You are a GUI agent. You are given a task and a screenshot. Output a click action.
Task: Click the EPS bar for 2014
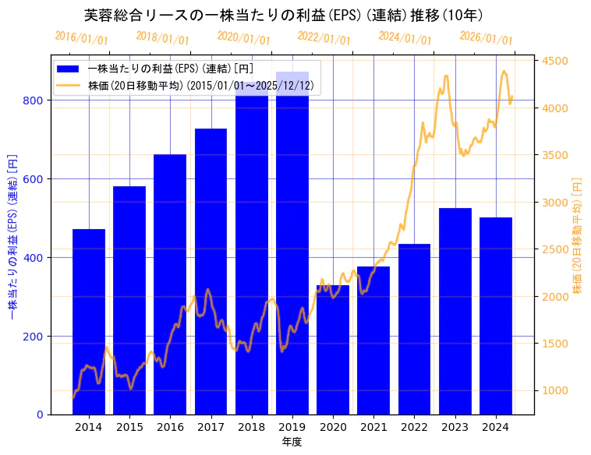tap(89, 321)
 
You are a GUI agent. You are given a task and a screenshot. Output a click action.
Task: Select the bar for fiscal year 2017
tap(211, 271)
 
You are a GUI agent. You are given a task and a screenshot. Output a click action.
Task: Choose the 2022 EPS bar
tap(414, 329)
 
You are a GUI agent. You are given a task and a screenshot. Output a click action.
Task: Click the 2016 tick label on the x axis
tap(170, 427)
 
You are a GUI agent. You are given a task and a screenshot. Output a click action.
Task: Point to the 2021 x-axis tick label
tap(373, 427)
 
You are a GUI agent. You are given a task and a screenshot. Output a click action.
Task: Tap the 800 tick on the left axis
tap(35, 101)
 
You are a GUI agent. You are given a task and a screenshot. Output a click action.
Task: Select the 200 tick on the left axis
tap(35, 337)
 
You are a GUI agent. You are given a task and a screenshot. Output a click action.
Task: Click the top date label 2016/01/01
tap(82, 37)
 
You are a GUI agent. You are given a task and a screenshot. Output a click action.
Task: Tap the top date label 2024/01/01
tap(405, 37)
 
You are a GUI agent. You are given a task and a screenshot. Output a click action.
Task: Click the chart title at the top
tap(283, 15)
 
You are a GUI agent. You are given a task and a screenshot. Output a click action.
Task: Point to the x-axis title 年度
tap(292, 442)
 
